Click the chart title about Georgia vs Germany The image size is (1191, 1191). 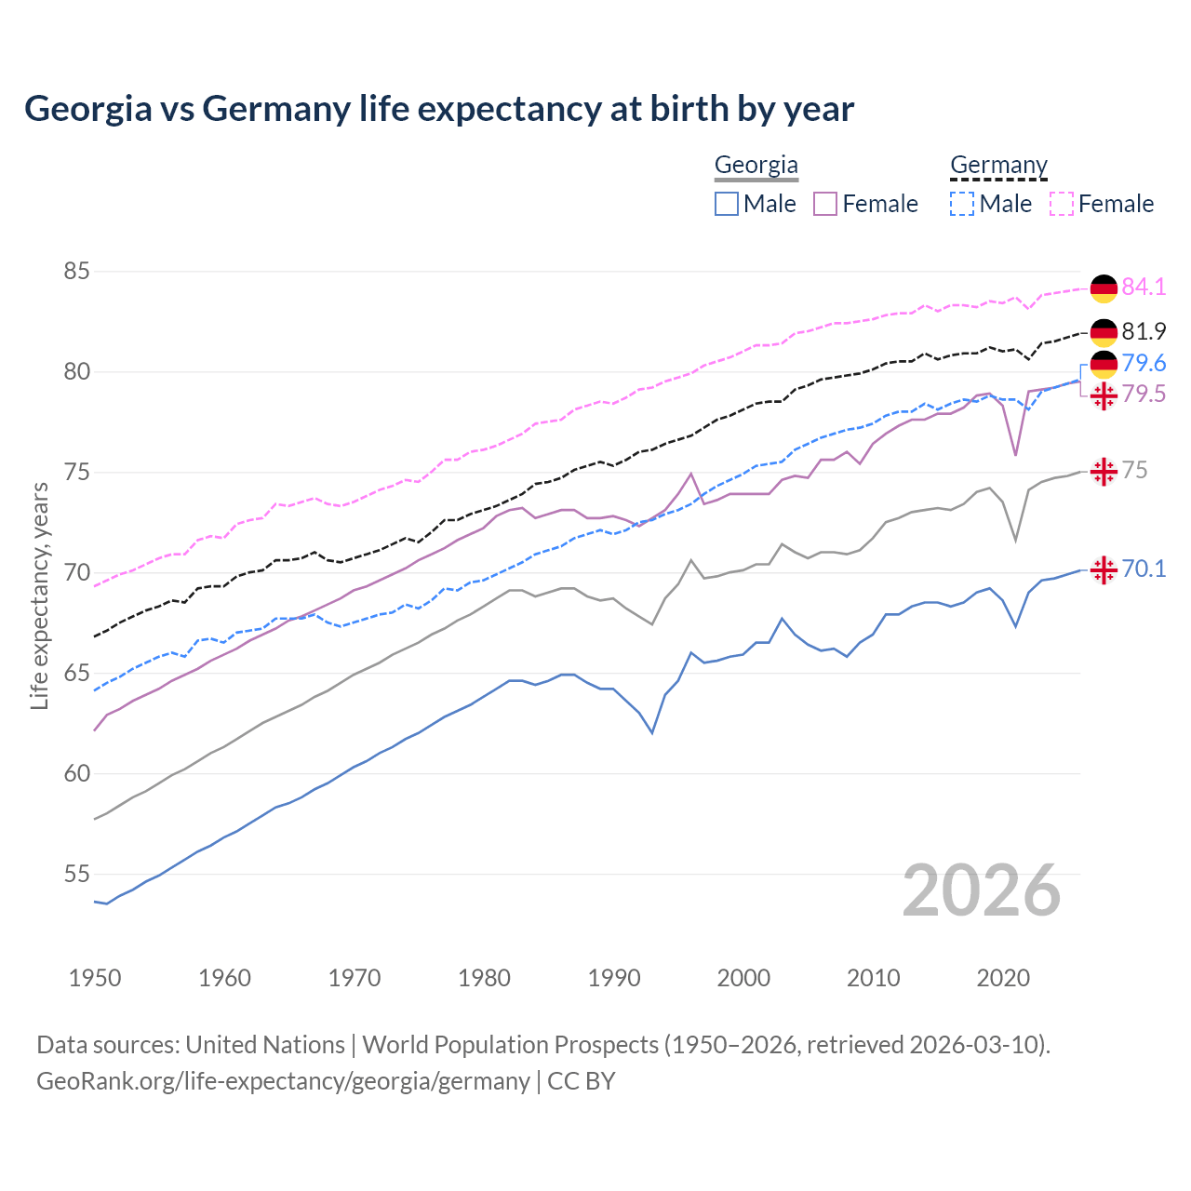439,109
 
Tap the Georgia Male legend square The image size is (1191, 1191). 727,204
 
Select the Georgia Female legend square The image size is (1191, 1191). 825,204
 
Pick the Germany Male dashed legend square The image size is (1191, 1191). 962,204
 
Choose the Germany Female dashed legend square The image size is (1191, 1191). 1062,204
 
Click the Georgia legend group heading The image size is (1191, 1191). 756,165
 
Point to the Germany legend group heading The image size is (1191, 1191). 998,165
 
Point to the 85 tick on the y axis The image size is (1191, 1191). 76,272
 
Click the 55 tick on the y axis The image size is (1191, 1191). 76,874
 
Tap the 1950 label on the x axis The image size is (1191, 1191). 95,978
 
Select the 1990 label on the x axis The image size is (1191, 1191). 614,978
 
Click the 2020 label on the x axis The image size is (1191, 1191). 1003,978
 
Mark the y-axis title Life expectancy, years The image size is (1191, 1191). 40,595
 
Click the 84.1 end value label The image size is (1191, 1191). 1144,288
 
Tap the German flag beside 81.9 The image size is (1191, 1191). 1104,332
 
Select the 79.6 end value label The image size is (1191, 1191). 1144,363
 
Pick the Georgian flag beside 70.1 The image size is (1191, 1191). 1104,569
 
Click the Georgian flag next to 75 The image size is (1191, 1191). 1104,471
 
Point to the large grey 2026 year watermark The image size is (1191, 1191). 982,890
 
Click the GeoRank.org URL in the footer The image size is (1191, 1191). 283,1081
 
